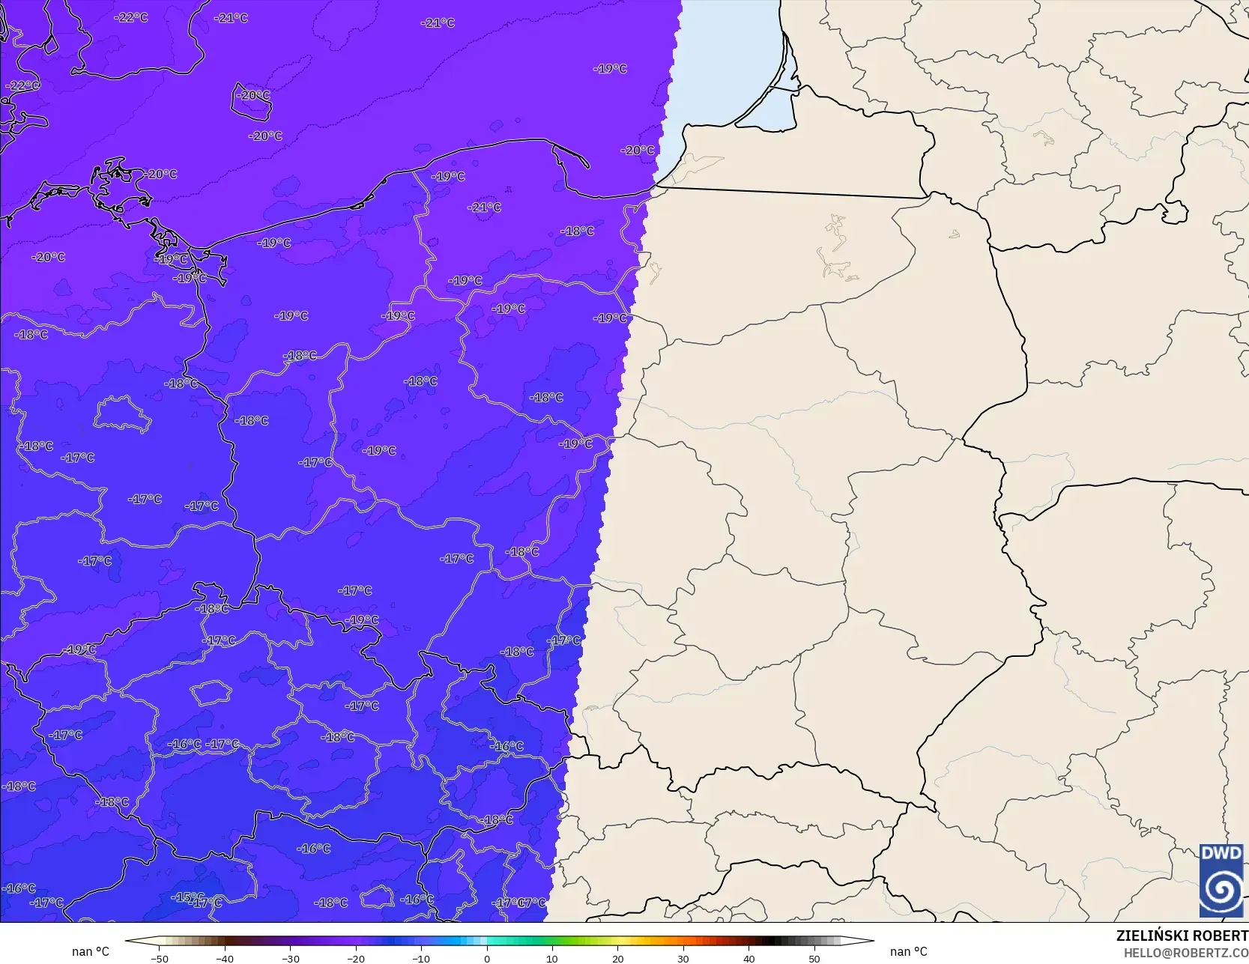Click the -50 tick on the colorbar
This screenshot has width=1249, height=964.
(159, 958)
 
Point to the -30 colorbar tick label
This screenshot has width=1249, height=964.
(290, 958)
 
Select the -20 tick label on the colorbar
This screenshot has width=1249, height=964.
(355, 958)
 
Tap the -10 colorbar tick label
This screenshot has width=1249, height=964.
(420, 958)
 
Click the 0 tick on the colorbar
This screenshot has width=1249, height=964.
(486, 958)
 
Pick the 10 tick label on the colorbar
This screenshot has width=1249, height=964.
(552, 958)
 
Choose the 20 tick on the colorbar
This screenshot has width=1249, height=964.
(617, 958)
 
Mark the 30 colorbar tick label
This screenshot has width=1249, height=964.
(683, 958)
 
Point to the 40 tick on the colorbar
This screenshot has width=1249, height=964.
(749, 958)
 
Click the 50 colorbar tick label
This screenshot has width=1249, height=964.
(814, 958)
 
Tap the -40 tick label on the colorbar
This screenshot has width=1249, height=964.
(224, 958)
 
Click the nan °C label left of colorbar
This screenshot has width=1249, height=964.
(90, 951)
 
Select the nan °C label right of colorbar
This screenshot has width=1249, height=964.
(908, 951)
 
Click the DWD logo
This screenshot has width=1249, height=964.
(1221, 881)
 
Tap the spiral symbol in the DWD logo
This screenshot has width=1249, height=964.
(1221, 891)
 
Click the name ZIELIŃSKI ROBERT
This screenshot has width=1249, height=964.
(1182, 936)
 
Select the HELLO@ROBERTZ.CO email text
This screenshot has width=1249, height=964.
(1185, 953)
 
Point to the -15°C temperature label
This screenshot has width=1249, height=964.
(187, 897)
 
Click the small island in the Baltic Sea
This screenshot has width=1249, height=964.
(251, 105)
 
